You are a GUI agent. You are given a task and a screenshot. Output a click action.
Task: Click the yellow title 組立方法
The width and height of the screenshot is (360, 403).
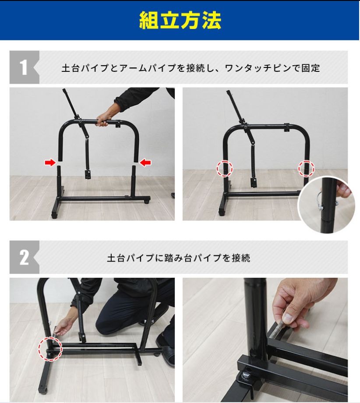(180, 20)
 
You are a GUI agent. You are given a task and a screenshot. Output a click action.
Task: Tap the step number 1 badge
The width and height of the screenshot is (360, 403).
(24, 67)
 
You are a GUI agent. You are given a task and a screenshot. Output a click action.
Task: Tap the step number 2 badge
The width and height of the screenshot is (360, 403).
(24, 258)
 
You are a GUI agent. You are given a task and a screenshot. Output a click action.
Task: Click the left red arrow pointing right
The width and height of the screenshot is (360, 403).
(50, 163)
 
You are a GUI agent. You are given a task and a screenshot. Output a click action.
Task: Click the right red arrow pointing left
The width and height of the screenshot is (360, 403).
(145, 163)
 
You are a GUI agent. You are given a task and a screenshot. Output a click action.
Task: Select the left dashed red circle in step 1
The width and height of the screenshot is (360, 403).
(224, 168)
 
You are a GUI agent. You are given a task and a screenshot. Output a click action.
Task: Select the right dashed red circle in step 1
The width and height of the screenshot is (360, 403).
(306, 167)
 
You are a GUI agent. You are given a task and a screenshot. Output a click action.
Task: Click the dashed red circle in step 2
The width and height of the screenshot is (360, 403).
(50, 349)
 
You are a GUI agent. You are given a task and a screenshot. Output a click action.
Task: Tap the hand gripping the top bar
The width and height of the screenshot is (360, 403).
(103, 120)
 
